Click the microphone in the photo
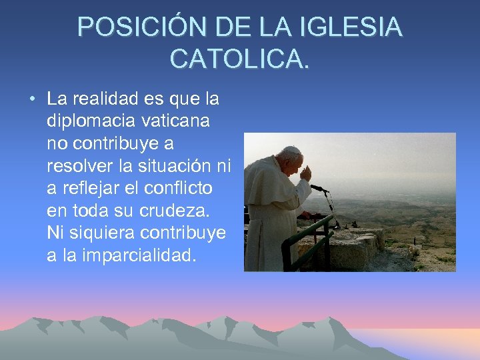(319, 189)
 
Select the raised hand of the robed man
(305, 173)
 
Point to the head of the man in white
(291, 159)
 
